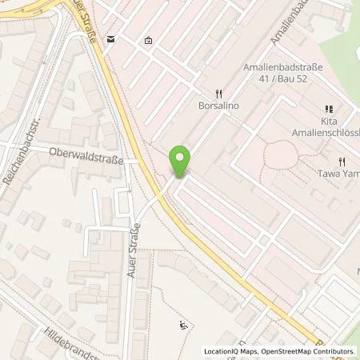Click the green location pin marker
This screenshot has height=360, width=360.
click(x=182, y=162)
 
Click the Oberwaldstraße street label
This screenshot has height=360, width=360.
click(x=86, y=159)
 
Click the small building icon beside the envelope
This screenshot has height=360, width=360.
click(x=149, y=40)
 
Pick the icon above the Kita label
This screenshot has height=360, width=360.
click(x=328, y=109)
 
